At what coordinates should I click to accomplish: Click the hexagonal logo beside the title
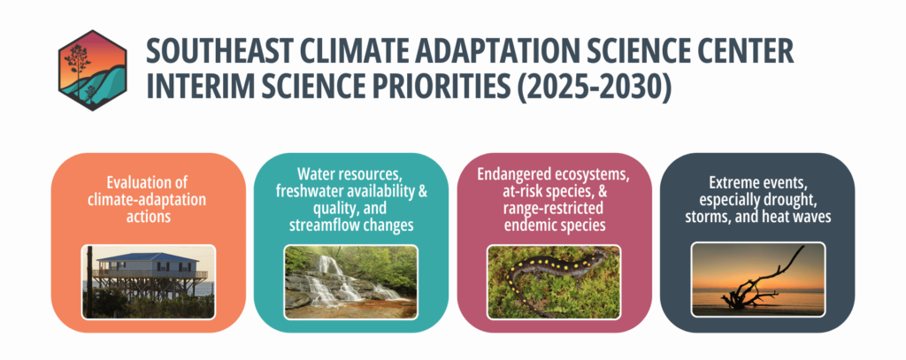92,70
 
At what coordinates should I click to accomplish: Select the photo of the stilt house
149,282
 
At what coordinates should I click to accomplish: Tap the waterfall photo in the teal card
350,282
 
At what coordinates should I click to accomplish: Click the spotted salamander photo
554,282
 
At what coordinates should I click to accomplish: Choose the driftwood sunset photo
757,280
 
